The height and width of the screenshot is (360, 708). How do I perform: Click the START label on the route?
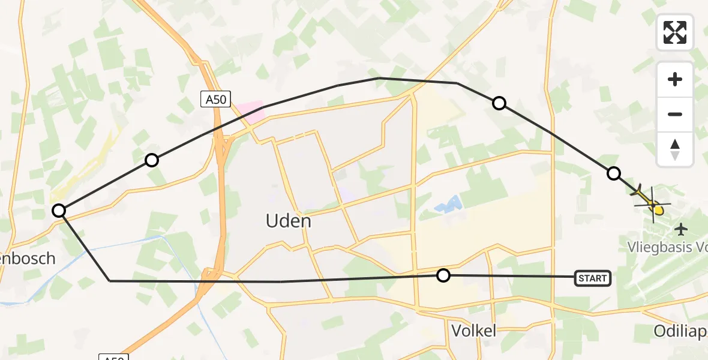(x=593, y=278)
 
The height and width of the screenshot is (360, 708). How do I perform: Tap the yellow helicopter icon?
(x=652, y=204)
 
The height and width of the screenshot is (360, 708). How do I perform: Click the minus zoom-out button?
(x=675, y=114)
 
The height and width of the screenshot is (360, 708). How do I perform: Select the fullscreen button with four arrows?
(x=675, y=32)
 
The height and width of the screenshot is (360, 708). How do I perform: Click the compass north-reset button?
(x=675, y=149)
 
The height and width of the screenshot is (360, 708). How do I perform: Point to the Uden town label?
(x=289, y=221)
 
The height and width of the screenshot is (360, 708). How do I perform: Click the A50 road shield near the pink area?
(x=215, y=100)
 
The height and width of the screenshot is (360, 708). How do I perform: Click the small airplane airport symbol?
(x=680, y=229)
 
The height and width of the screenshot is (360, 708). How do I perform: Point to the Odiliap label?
(x=680, y=331)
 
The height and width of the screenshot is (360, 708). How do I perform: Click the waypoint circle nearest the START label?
(x=443, y=275)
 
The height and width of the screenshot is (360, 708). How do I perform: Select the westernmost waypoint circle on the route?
(x=59, y=211)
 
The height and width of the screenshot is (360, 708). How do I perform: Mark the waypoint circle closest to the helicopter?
(x=613, y=173)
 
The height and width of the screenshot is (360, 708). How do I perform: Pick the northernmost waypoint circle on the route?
(x=499, y=103)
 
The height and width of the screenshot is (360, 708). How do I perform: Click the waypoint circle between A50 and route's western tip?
(x=152, y=160)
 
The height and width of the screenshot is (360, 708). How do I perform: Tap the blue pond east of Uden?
(x=449, y=206)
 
